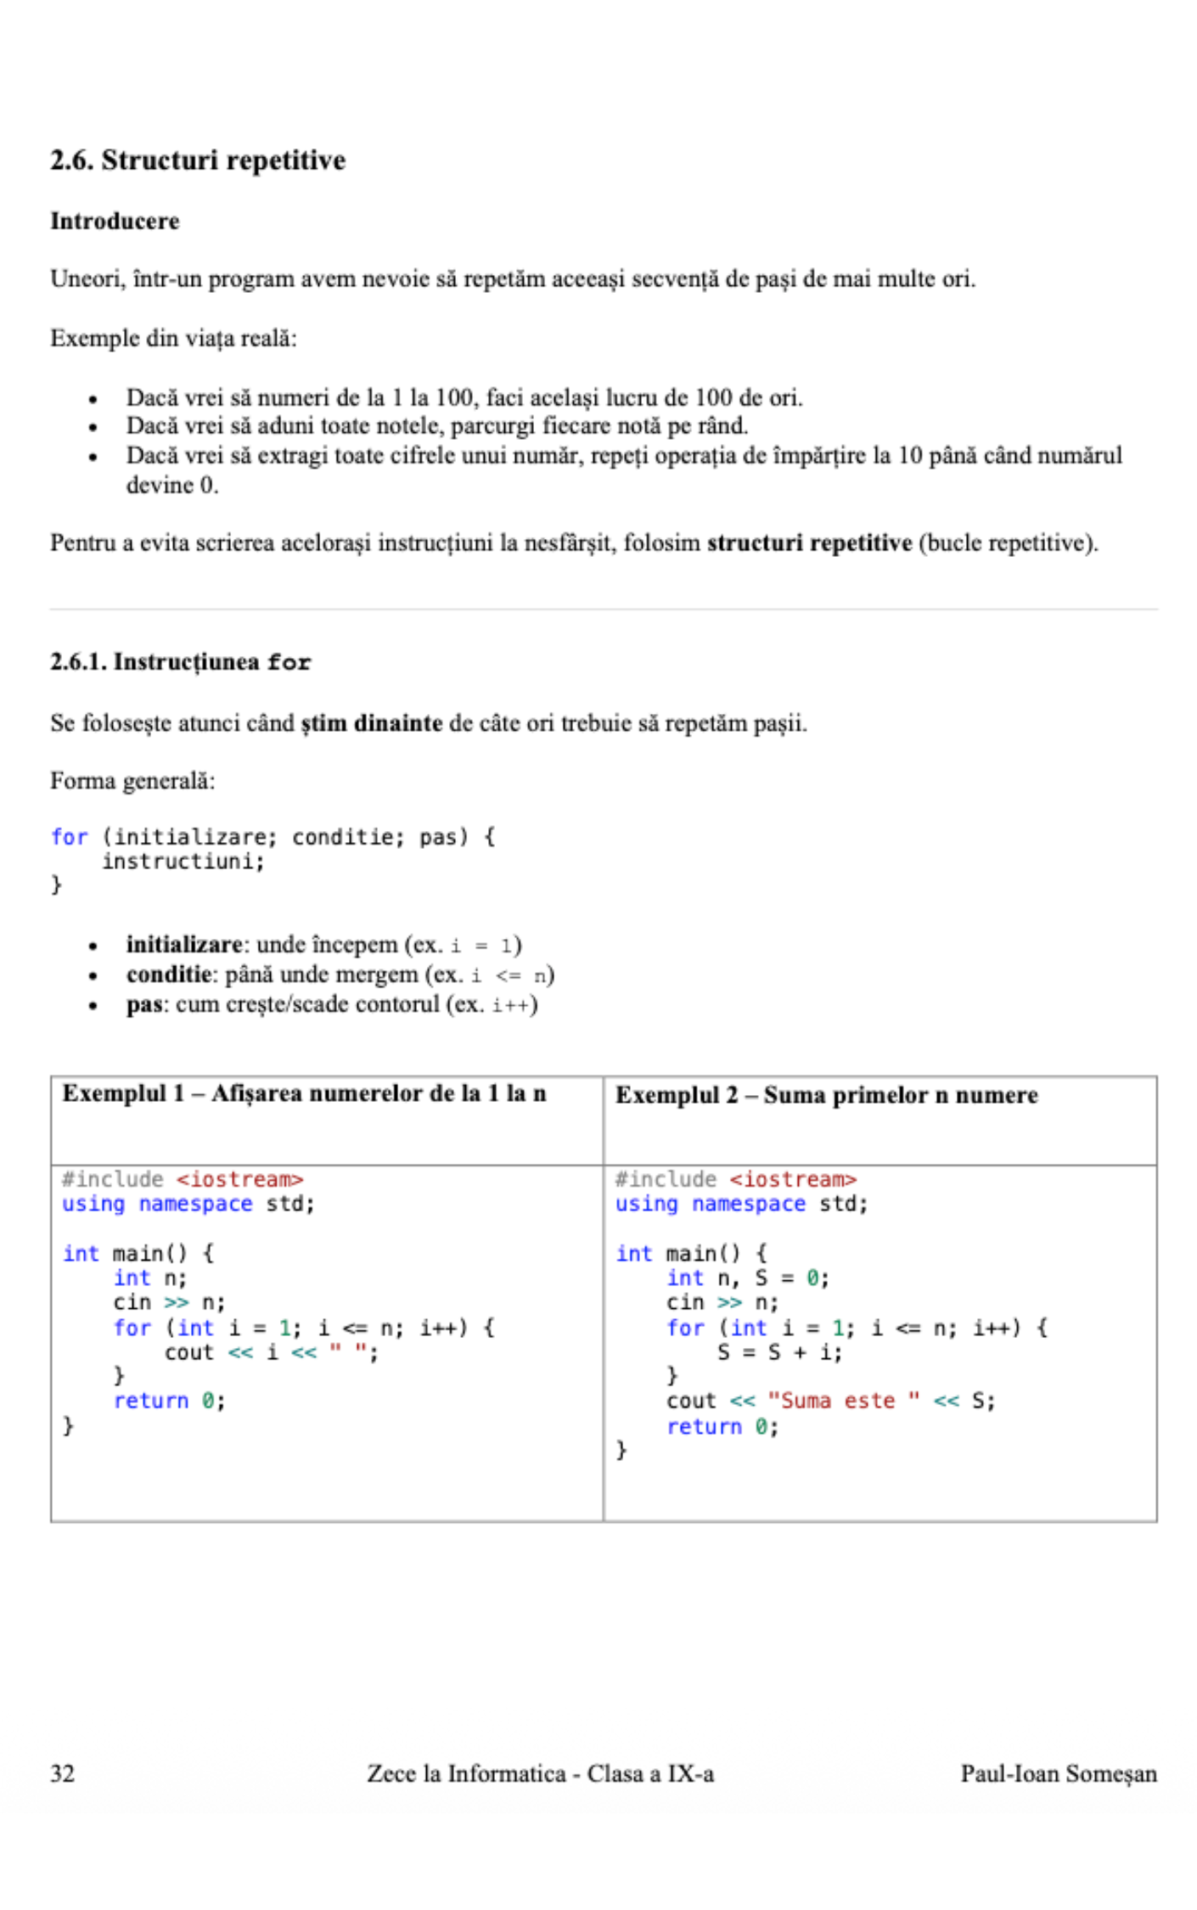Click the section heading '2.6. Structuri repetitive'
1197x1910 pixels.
click(x=198, y=160)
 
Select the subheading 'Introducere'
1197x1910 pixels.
click(x=115, y=221)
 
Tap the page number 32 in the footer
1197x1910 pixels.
click(x=62, y=1773)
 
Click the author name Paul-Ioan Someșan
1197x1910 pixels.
click(x=1058, y=1773)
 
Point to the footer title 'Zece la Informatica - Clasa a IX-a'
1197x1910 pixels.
click(x=540, y=1773)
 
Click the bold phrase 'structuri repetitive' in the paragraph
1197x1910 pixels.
click(x=809, y=542)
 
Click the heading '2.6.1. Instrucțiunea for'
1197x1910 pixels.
click(x=180, y=662)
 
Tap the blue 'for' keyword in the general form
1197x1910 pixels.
click(x=69, y=837)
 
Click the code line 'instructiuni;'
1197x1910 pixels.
click(x=183, y=862)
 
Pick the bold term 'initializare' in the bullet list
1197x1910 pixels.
click(x=184, y=945)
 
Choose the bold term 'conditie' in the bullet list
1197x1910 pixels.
click(x=168, y=975)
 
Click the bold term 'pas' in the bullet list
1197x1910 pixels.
click(x=143, y=1005)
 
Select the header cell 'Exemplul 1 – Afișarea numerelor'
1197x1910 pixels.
click(x=304, y=1093)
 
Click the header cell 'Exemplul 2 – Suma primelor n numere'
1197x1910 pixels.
click(x=826, y=1095)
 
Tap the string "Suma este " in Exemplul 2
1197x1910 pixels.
click(x=844, y=1401)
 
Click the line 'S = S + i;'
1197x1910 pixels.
click(x=779, y=1352)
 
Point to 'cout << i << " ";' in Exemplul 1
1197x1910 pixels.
click(x=272, y=1352)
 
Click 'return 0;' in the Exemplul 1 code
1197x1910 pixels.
click(x=169, y=1401)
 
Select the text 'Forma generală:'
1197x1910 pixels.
click(x=132, y=781)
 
